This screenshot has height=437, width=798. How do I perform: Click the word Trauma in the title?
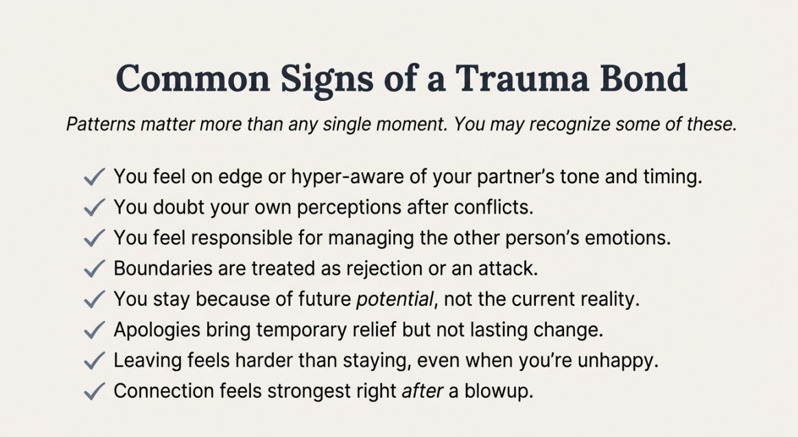coord(521,78)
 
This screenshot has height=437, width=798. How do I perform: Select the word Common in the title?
coord(193,78)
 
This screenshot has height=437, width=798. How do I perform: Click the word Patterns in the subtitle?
coord(101,124)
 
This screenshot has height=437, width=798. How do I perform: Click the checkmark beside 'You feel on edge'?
coord(94,177)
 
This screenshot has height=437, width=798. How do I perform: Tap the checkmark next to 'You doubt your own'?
coord(94,208)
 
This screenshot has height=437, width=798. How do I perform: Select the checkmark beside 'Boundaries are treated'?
coord(94,269)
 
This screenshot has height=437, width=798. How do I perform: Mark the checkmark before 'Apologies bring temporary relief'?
coord(94,331)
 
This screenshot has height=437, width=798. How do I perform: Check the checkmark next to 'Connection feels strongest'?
coord(94,392)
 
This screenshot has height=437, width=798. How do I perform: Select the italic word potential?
coord(395,299)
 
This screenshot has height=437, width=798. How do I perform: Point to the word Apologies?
coord(156,330)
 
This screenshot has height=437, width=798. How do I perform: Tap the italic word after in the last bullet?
coord(423,391)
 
